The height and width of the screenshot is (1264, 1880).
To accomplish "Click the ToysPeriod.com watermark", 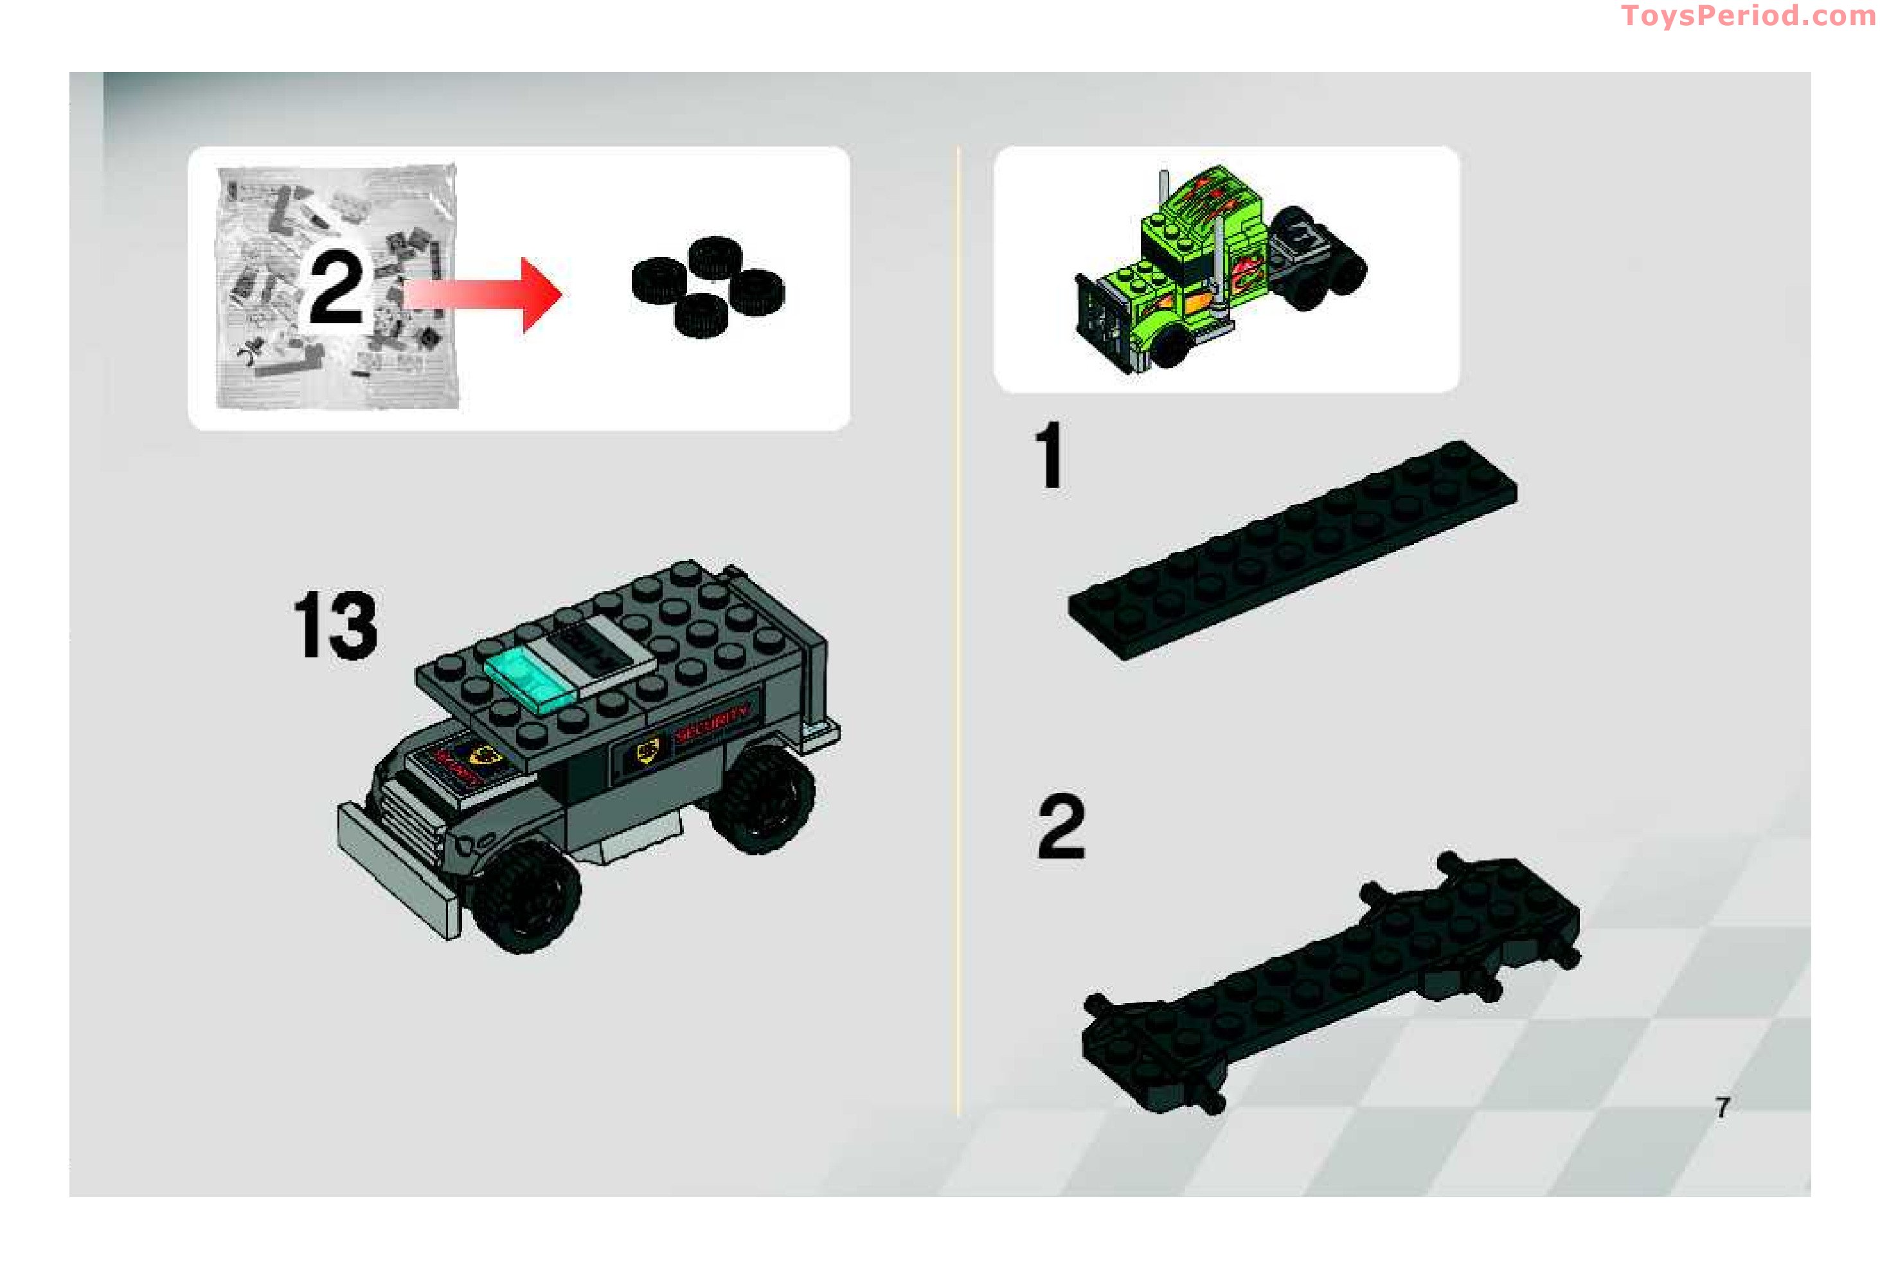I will click(1747, 16).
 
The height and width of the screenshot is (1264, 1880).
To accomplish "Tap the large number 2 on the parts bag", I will click(336, 287).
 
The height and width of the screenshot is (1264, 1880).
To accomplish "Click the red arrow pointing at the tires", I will click(484, 294).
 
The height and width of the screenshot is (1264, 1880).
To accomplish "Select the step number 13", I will click(336, 625).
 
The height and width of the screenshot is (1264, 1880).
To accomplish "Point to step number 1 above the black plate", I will click(1050, 456).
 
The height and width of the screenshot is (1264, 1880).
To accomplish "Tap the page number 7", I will click(1722, 1108).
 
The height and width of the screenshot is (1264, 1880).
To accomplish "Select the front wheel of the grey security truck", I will click(525, 896).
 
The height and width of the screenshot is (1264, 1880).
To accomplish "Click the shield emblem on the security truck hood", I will click(485, 755).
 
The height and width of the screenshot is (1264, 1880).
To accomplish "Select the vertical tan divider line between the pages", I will click(958, 628).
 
